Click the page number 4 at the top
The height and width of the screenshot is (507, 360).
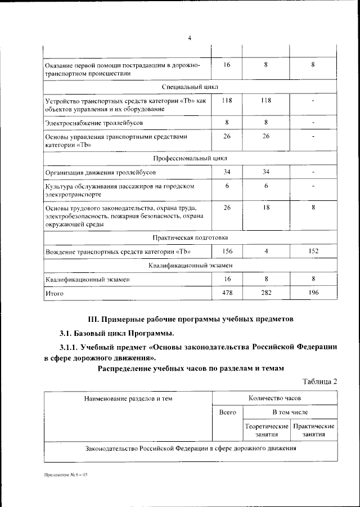coord(190,38)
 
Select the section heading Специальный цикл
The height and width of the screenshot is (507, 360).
coord(190,87)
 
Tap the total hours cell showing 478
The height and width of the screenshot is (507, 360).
coord(227,293)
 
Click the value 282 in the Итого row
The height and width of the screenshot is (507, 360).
coord(265,293)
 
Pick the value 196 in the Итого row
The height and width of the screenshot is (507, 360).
coord(313,293)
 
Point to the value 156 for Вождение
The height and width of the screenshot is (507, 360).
coord(227,250)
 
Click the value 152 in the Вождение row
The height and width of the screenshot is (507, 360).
coord(313,250)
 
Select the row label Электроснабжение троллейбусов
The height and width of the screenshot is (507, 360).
coord(90,122)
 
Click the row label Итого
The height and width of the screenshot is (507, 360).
coord(54,293)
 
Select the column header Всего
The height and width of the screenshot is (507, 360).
coord(227,412)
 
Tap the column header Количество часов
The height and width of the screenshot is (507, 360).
coord(274,398)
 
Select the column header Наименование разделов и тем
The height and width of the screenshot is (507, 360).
coord(128,398)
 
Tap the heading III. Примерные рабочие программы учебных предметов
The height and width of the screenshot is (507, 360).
coord(189,318)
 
